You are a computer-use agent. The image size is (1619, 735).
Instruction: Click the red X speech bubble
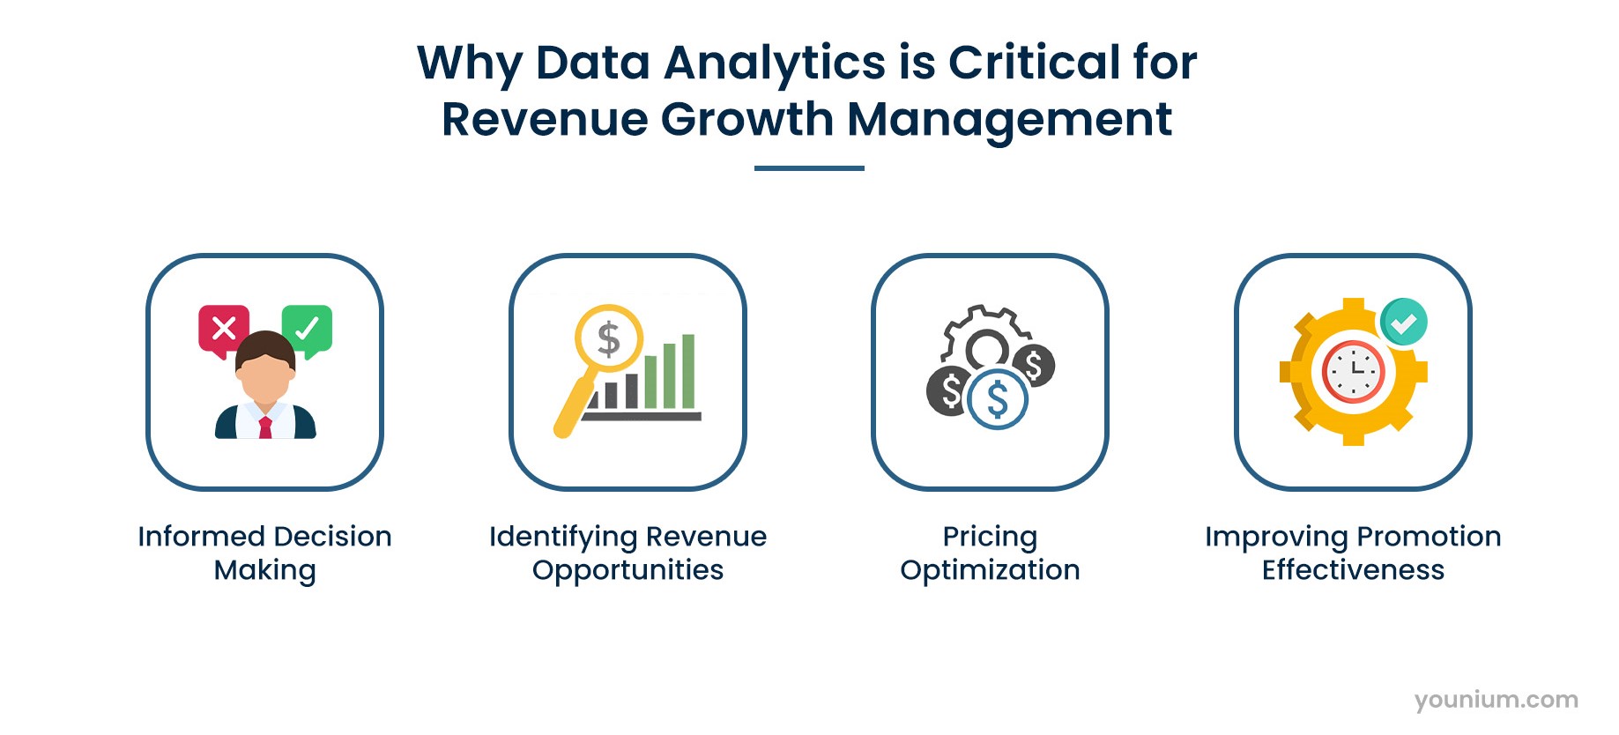coord(224,329)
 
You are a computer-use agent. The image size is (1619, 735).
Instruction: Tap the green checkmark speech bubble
coord(307,329)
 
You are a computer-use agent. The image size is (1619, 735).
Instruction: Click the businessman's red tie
coord(265,428)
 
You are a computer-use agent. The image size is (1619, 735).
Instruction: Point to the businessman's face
coord(265,375)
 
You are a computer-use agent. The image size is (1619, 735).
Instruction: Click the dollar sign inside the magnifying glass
coord(609,338)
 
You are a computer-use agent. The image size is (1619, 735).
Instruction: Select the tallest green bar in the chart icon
coord(688,371)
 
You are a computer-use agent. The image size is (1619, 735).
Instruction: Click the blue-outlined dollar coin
coord(998,399)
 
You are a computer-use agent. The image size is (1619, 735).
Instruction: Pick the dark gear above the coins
coord(985,338)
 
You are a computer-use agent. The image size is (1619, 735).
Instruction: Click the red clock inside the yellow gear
coord(1353,372)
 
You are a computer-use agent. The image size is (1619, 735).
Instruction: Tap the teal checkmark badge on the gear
coord(1403,323)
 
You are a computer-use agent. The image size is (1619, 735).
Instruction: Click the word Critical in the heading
coord(1035,63)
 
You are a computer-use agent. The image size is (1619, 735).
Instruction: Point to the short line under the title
coord(809,167)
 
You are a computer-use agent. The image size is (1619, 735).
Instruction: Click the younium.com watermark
coord(1496,700)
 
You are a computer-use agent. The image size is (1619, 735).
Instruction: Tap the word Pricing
coord(990,537)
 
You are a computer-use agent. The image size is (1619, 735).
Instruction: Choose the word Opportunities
coord(628,571)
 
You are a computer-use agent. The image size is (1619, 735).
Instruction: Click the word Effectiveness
coord(1353,570)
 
